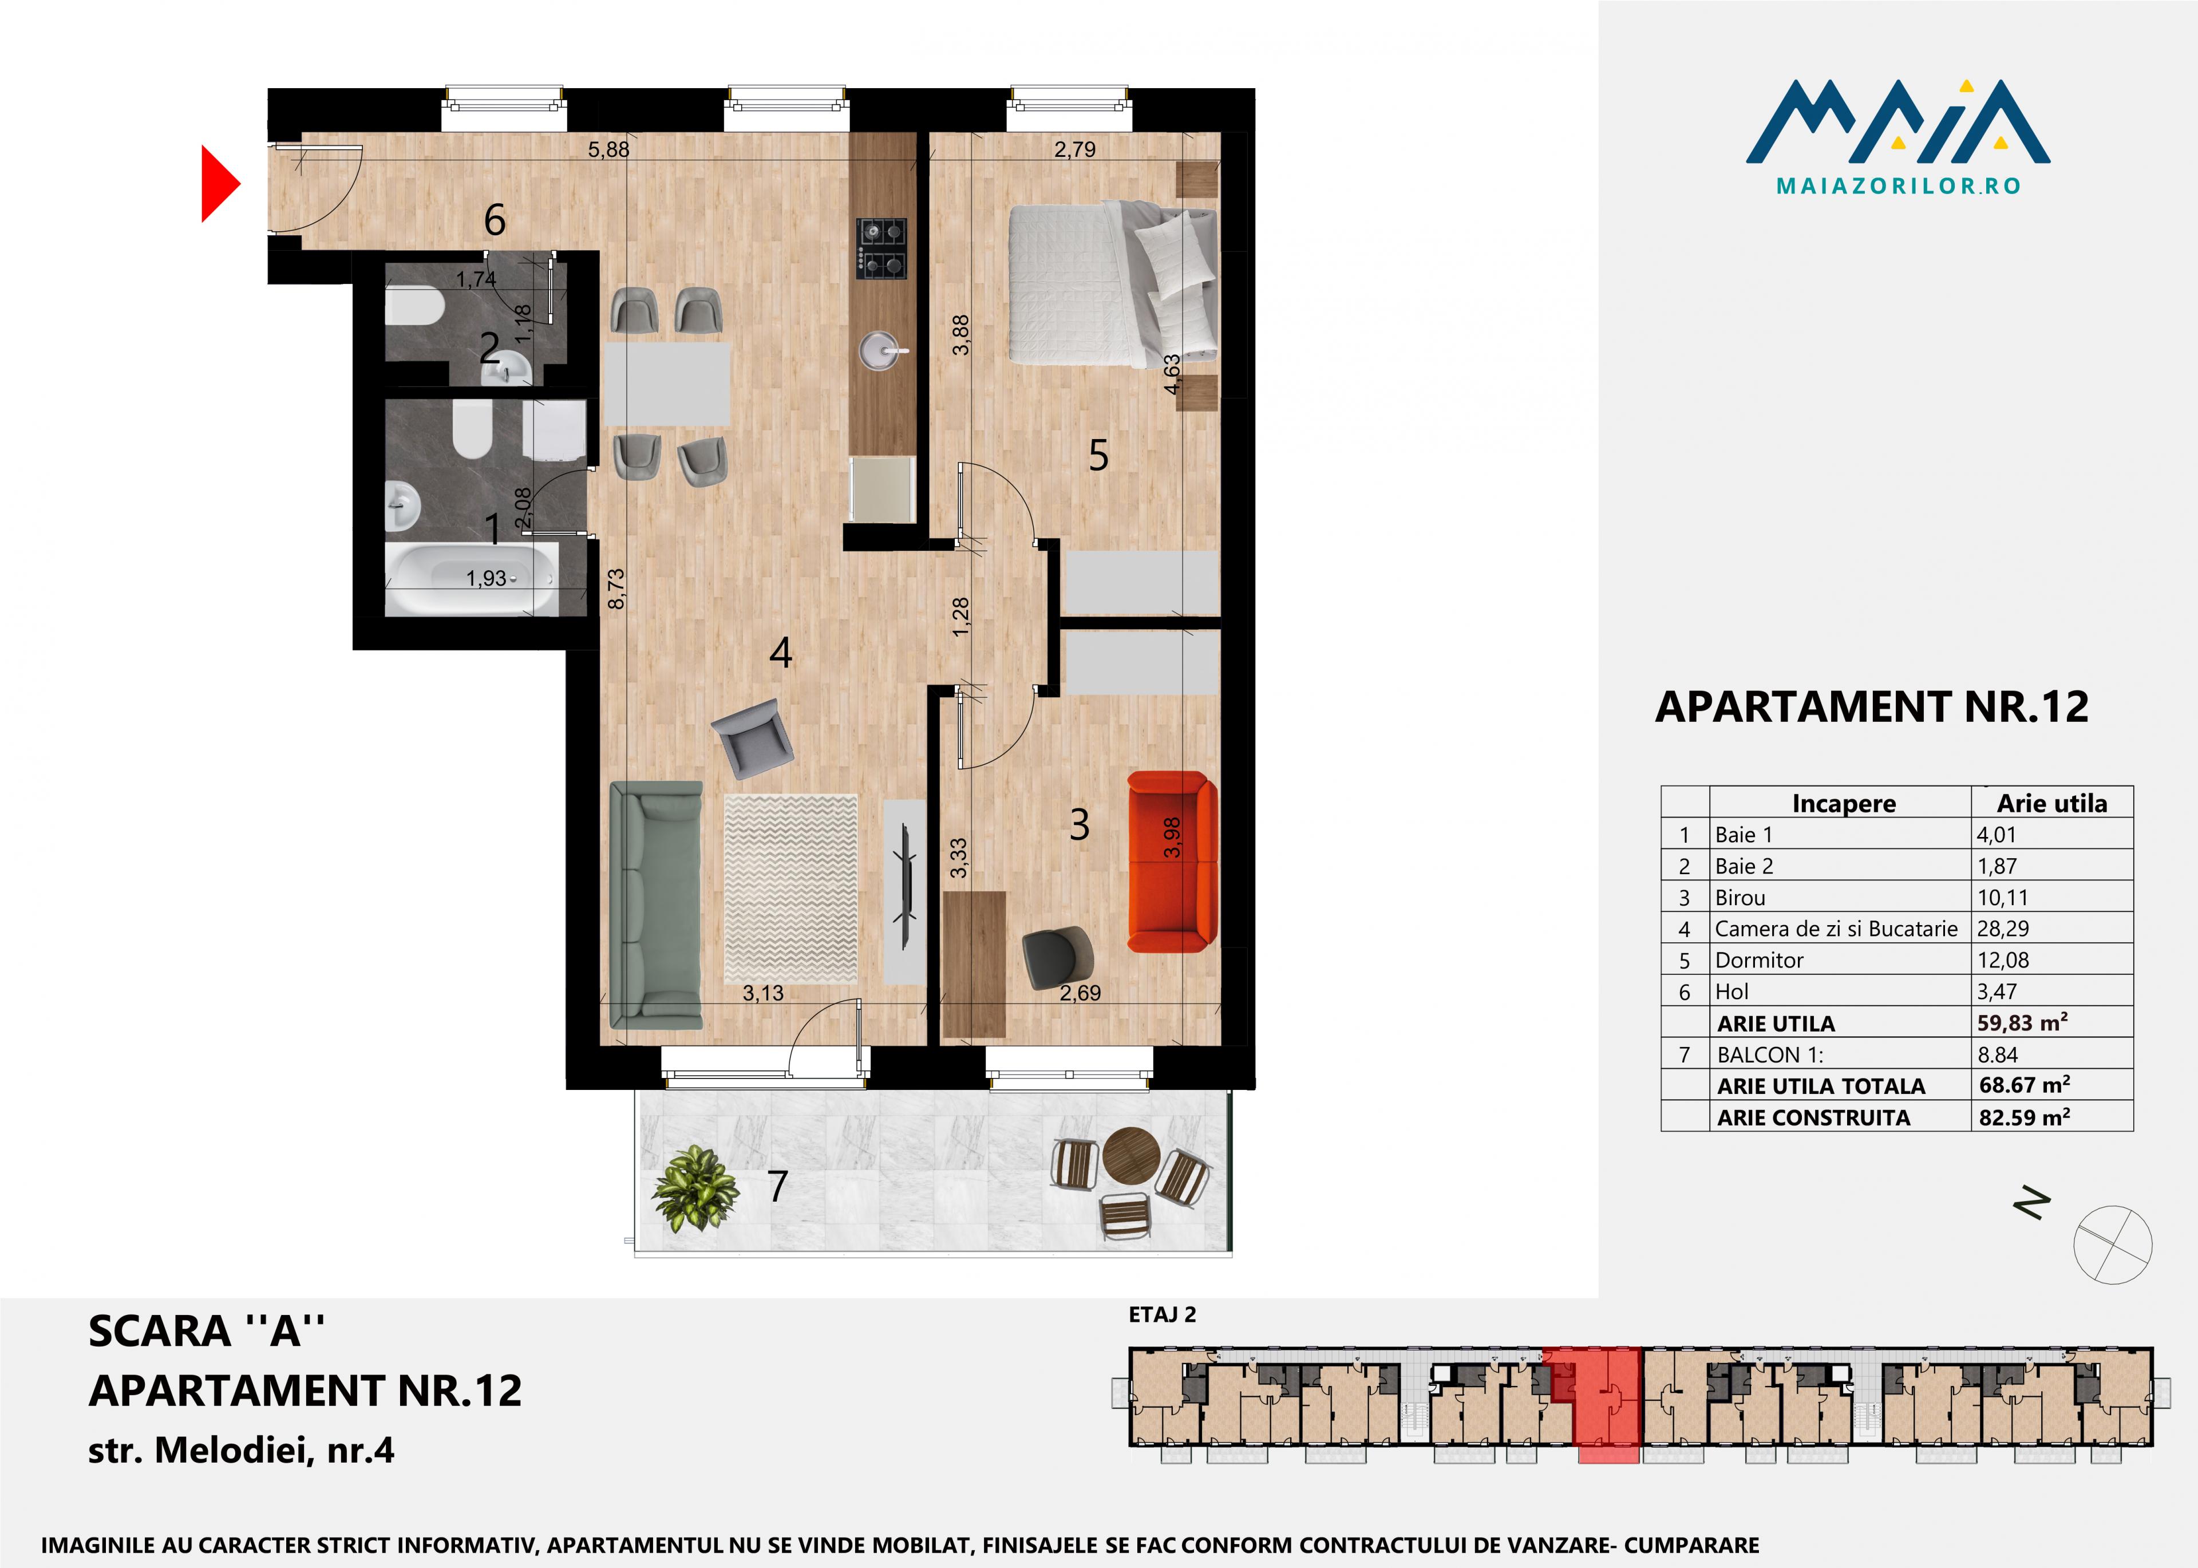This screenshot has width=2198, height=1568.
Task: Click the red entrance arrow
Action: [x=218, y=183]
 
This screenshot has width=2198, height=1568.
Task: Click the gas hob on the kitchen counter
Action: [x=882, y=248]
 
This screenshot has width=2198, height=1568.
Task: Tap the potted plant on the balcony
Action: [x=694, y=1187]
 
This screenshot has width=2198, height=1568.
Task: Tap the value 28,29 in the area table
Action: [x=2003, y=929]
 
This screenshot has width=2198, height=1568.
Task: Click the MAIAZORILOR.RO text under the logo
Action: [x=1898, y=187]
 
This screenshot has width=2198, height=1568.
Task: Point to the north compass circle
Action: [x=2113, y=1245]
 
